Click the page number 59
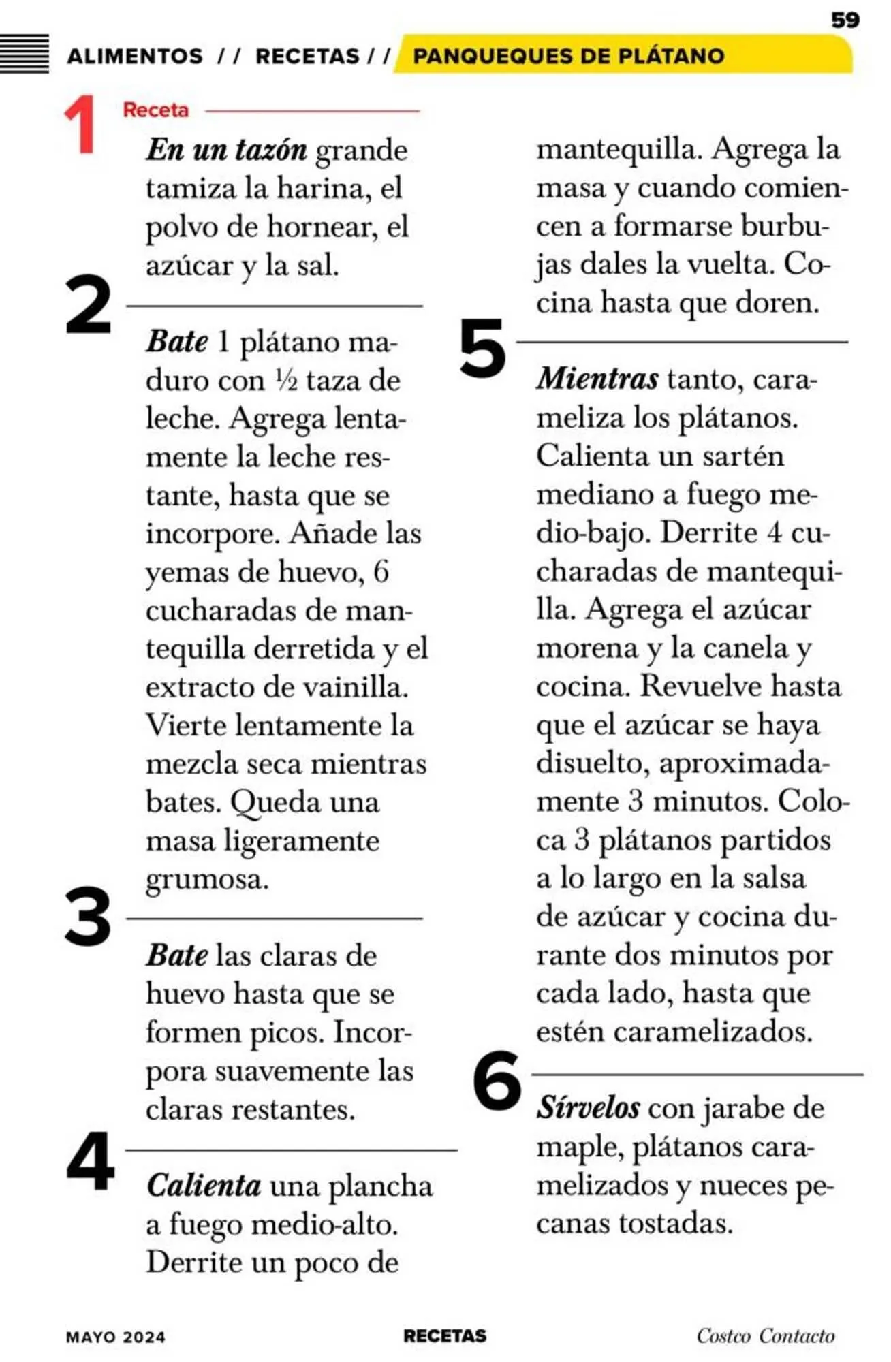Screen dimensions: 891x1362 [845, 20]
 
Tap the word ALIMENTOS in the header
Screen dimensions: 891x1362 [135, 56]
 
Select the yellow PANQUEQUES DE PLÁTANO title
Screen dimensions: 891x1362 [568, 56]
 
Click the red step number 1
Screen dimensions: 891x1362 [81, 125]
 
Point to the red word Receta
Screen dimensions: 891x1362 [155, 110]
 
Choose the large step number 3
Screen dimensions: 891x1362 [88, 917]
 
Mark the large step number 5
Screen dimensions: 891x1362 [482, 348]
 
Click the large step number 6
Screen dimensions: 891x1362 [497, 1081]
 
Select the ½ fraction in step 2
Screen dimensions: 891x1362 [286, 380]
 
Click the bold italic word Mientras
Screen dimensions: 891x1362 [597, 379]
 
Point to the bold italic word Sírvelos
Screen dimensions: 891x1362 [588, 1108]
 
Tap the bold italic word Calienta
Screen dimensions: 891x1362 [204, 1186]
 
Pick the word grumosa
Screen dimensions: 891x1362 [207, 879]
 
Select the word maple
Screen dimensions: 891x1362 [579, 1147]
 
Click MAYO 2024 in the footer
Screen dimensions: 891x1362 [116, 1337]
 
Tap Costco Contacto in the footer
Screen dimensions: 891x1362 [765, 1335]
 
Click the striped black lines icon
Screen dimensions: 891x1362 [25, 53]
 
